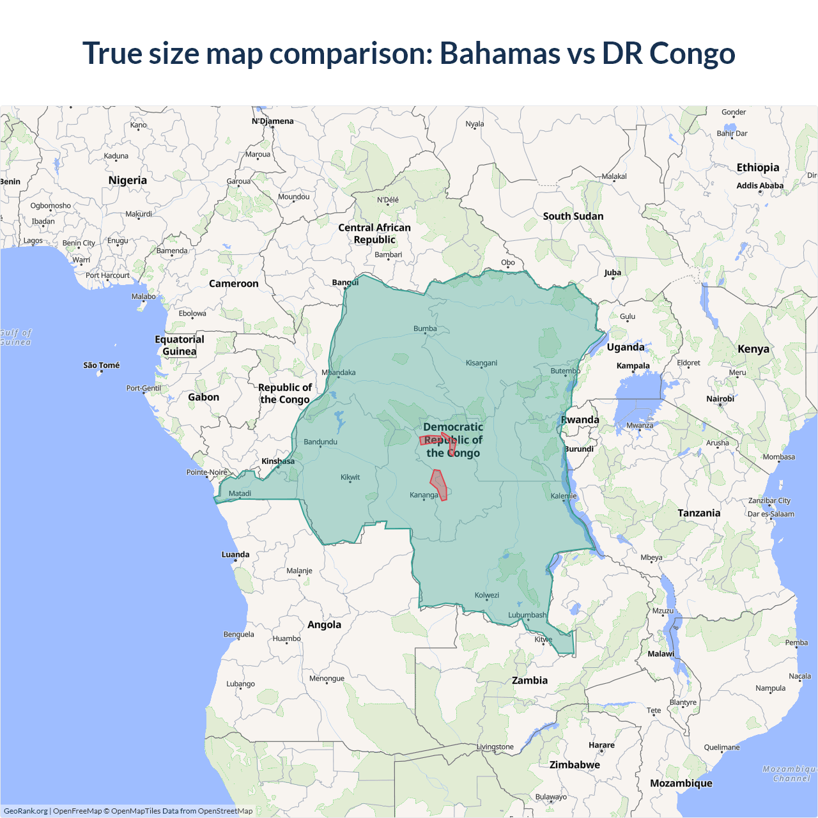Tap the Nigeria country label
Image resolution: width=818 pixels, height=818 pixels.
click(x=127, y=180)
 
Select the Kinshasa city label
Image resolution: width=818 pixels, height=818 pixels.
click(x=278, y=461)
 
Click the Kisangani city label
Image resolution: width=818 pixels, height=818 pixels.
click(x=481, y=363)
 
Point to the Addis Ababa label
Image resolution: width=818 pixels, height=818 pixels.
click(x=760, y=185)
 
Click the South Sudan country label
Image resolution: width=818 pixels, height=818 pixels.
click(x=573, y=216)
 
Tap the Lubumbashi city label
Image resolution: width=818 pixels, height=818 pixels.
click(x=527, y=615)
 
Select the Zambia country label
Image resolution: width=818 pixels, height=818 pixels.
click(x=530, y=680)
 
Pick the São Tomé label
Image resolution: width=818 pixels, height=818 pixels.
click(x=102, y=365)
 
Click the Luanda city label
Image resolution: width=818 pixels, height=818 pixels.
click(x=235, y=554)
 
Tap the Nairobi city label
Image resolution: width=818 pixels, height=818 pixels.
click(x=720, y=398)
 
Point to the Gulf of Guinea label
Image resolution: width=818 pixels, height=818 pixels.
click(x=15, y=337)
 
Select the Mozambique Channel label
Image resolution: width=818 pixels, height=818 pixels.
click(x=791, y=773)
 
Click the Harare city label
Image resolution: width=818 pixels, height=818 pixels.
click(x=601, y=745)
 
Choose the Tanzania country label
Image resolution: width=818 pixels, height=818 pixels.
click(x=698, y=513)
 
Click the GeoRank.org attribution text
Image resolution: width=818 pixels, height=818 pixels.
click(x=26, y=811)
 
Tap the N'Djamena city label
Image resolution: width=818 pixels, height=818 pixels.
click(x=273, y=121)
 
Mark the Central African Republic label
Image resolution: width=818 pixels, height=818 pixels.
click(x=374, y=233)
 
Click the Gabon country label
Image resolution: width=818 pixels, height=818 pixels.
click(x=203, y=397)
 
